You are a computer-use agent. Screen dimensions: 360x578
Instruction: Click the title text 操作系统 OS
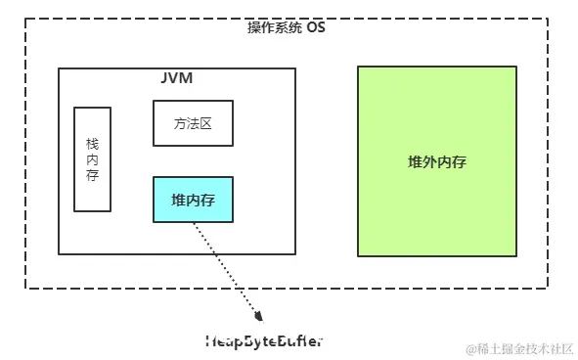click(287, 27)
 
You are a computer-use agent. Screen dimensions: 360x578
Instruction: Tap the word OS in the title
click(315, 27)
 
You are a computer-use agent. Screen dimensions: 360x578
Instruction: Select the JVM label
click(176, 77)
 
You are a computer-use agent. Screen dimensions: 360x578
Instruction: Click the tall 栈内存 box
click(93, 159)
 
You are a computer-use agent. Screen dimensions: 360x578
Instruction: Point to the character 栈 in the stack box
click(93, 143)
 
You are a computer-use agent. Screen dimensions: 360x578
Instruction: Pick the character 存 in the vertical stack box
click(93, 175)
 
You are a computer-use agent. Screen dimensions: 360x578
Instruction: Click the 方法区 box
click(193, 123)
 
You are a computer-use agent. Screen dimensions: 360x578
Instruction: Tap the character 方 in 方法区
click(179, 123)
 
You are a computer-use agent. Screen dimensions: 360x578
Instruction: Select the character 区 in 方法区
click(206, 123)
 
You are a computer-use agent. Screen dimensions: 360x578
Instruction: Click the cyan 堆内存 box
click(193, 200)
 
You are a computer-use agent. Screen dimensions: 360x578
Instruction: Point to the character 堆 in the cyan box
click(178, 200)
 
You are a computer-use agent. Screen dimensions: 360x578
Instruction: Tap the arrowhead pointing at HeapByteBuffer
click(259, 315)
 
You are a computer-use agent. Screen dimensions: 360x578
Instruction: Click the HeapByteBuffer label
click(262, 340)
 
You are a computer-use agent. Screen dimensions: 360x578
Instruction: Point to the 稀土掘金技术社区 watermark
click(527, 348)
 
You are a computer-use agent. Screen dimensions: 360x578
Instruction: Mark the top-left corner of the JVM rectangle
click(59, 68)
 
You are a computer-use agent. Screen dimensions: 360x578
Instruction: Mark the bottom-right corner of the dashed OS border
click(549, 288)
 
